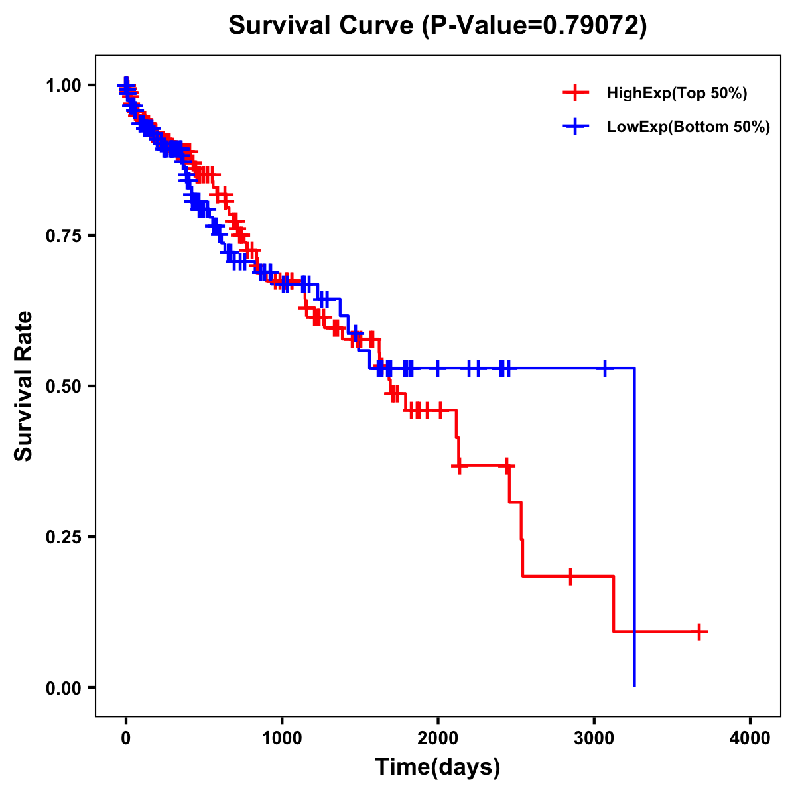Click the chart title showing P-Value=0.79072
tap(437, 25)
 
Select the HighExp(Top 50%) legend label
tap(677, 94)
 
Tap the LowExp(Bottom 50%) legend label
tap(688, 127)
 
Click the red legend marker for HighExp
tap(575, 93)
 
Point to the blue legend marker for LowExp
tap(575, 127)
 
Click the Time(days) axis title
tap(438, 767)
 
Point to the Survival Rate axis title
tap(24, 386)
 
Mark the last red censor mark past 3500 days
tap(699, 631)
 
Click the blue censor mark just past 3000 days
tap(605, 368)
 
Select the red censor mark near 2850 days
tap(570, 576)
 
